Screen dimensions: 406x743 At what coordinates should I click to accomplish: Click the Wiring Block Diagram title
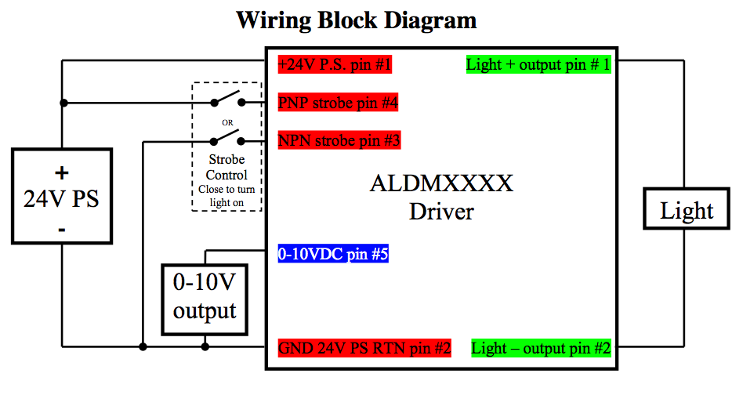point(357,20)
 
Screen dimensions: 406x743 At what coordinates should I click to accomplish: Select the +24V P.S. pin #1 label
point(335,64)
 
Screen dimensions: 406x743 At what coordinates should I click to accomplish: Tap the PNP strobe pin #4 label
point(339,103)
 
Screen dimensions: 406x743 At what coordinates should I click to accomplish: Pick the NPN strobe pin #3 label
point(339,141)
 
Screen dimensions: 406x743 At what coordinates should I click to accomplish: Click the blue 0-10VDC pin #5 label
point(333,254)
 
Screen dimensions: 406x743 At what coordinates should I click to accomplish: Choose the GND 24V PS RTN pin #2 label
point(364,348)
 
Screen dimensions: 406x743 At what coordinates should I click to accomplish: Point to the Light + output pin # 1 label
point(538,64)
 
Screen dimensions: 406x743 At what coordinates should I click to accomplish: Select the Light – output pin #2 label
point(541,348)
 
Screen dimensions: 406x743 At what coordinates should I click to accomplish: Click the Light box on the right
point(687,210)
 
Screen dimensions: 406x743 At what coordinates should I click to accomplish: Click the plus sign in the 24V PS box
point(61,172)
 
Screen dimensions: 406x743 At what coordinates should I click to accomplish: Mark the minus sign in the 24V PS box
point(61,229)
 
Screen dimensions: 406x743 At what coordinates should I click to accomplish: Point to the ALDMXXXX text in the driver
point(441,183)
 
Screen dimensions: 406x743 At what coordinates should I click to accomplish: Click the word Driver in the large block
point(441,211)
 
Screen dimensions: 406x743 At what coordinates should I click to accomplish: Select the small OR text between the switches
point(227,122)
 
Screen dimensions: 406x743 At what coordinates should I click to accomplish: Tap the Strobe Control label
point(227,168)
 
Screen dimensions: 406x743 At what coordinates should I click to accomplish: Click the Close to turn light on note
point(227,195)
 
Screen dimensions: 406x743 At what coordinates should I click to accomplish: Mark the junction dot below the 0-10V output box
point(205,346)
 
